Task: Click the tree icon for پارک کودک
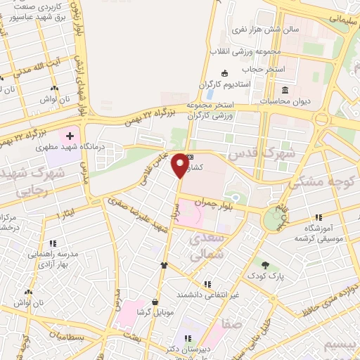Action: coord(265,265)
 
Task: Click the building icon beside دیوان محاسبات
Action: coord(285,90)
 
